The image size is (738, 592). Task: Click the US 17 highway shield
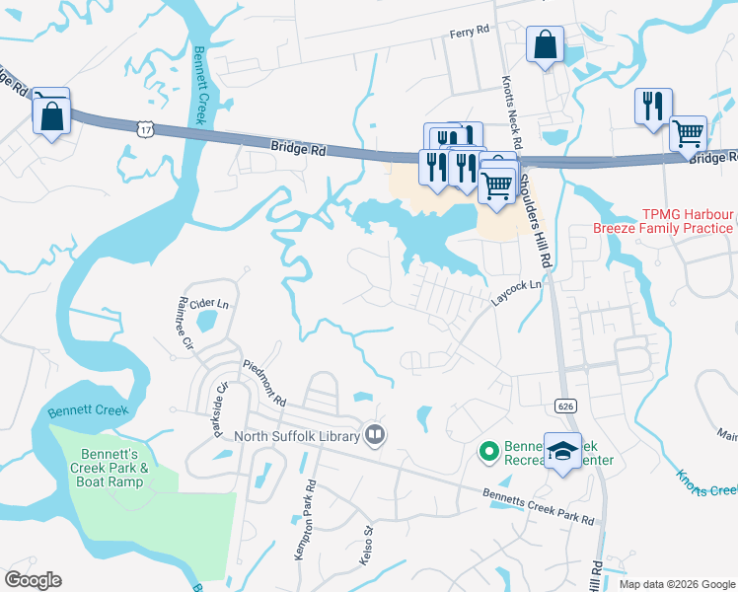[145, 128]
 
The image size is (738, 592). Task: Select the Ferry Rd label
[470, 32]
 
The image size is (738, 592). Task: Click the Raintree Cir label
[184, 318]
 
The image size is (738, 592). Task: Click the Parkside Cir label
[222, 400]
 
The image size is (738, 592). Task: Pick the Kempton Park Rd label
[304, 521]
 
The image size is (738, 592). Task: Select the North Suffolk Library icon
[375, 434]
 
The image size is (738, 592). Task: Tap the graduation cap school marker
[563, 453]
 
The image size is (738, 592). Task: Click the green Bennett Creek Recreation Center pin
[487, 452]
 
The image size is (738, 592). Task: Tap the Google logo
[33, 580]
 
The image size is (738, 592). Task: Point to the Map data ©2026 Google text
[676, 584]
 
